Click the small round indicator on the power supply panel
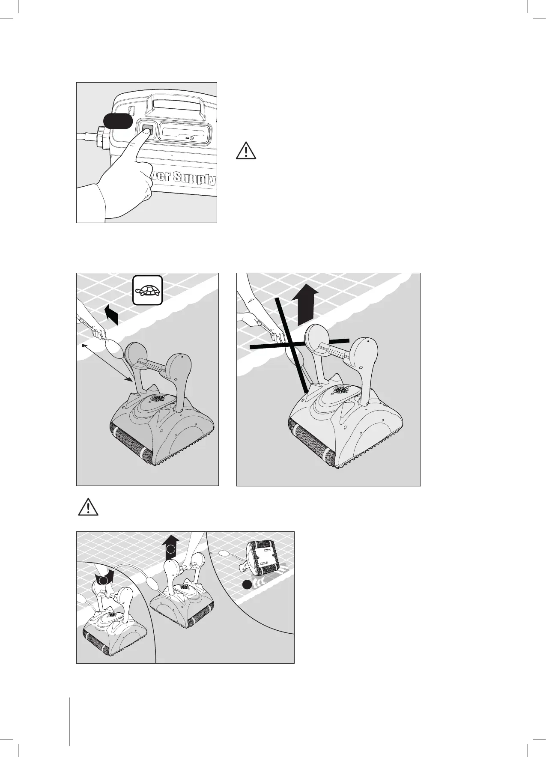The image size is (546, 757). point(191,138)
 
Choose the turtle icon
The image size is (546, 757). point(147,290)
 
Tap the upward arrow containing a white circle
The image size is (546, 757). point(171,548)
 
